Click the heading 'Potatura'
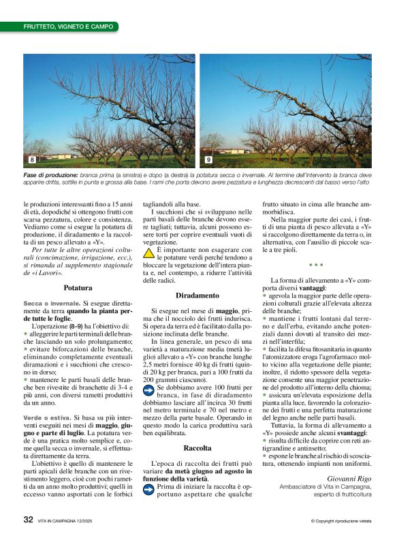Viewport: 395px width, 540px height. coord(78,288)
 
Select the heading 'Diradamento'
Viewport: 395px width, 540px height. coord(197,296)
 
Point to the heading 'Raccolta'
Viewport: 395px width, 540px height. coord(197,448)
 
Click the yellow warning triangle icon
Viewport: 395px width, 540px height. coord(148,252)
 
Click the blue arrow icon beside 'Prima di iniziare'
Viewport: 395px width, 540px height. coord(148,488)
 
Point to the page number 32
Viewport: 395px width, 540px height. coord(28,519)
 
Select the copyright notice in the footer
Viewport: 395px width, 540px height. coord(341,521)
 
